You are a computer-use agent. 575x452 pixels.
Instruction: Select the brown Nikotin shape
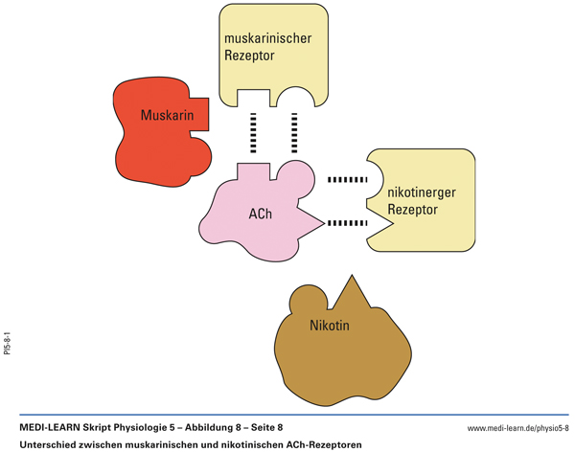click(331, 345)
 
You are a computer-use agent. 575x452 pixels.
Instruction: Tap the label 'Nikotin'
click(330, 326)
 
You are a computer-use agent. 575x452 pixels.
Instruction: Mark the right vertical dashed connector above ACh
click(293, 134)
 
